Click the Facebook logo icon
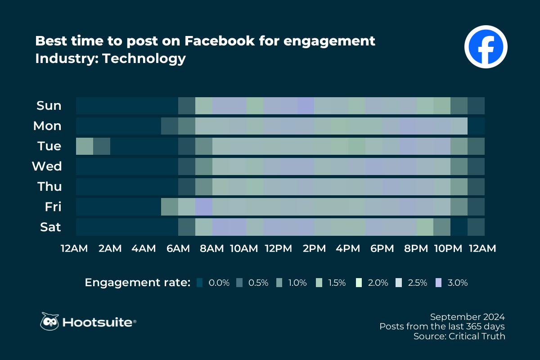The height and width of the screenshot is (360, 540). click(486, 47)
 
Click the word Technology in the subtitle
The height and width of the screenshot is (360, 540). click(144, 58)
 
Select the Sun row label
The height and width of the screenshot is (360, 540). click(49, 106)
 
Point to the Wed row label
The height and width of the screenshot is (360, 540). click(46, 166)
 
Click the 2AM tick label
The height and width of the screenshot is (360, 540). click(110, 249)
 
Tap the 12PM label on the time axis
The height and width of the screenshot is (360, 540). click(279, 249)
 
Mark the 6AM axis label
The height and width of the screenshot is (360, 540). click(178, 249)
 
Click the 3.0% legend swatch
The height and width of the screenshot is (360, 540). click(439, 283)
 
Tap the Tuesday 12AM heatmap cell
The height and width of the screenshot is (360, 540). click(85, 146)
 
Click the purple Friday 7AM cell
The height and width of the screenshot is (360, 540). click(204, 207)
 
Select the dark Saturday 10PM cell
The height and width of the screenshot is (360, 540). click(459, 227)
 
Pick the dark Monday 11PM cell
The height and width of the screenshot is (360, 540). click(476, 126)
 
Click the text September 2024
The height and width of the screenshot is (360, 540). click(468, 316)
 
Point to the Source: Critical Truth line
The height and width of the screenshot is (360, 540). click(459, 336)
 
